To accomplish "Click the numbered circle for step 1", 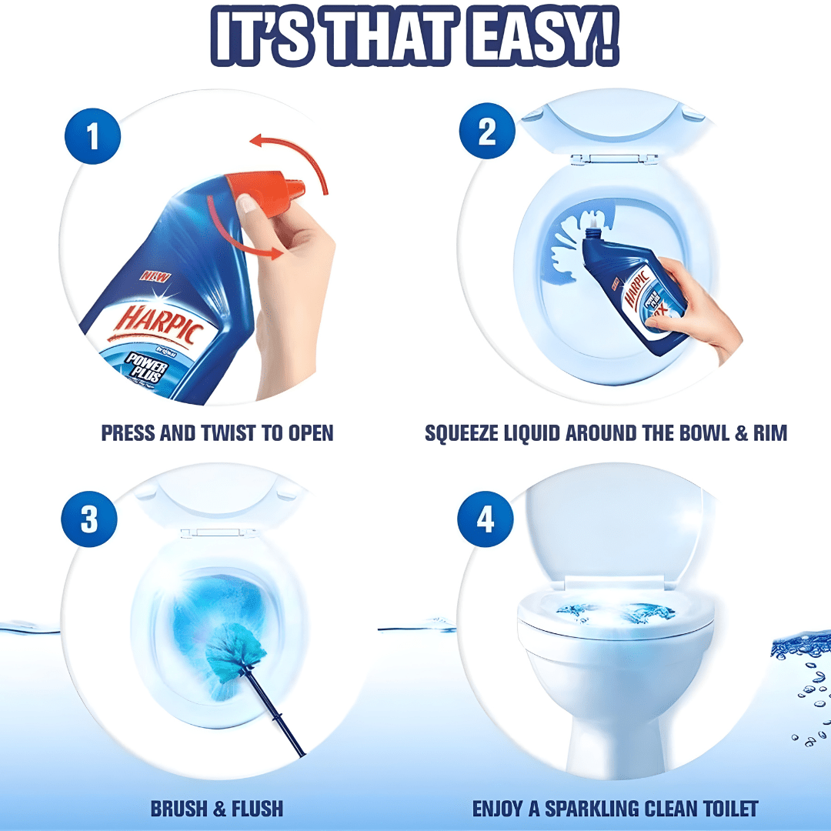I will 92,138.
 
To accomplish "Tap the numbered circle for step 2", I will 487,132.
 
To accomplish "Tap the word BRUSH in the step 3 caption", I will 175,809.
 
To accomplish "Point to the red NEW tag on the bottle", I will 155,274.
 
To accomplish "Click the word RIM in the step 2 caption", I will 768,433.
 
